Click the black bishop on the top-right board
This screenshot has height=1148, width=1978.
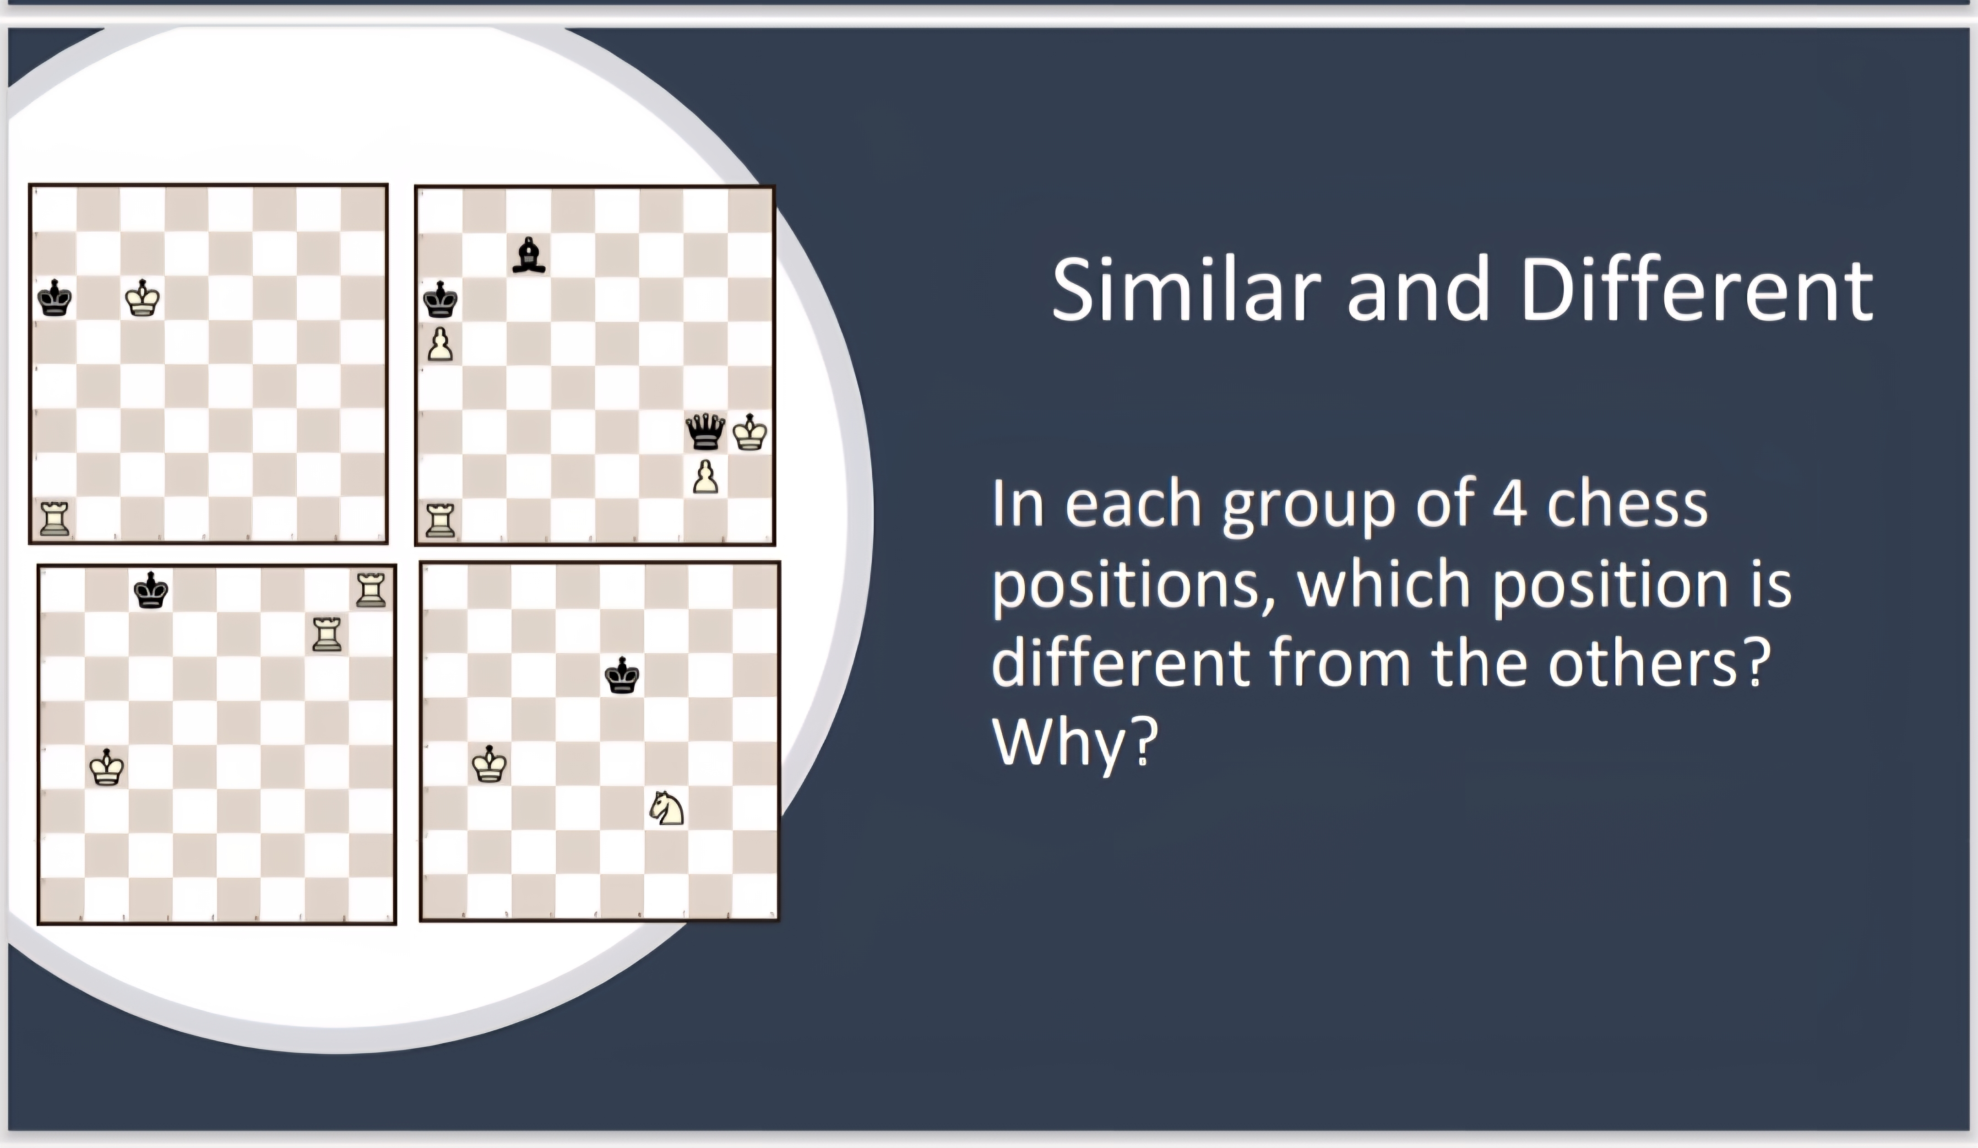coord(528,255)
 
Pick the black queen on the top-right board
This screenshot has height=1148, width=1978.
coord(705,431)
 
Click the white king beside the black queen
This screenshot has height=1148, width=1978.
coord(750,432)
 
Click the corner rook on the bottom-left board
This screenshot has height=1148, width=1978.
coord(370,590)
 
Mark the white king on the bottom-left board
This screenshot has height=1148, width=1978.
coord(107,767)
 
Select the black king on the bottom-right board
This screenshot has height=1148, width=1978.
coord(622,675)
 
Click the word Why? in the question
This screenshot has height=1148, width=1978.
coord(1076,742)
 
